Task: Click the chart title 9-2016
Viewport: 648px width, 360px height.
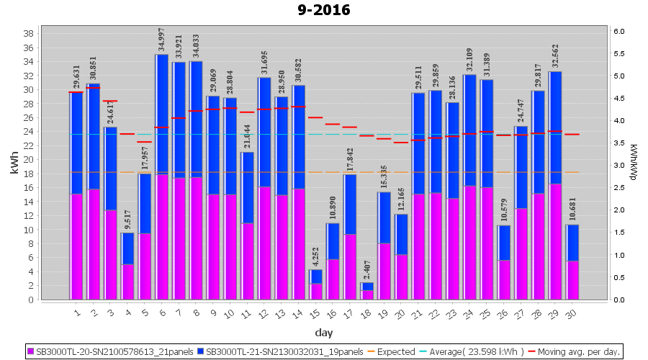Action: click(x=324, y=10)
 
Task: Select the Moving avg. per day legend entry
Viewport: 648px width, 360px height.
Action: click(x=581, y=352)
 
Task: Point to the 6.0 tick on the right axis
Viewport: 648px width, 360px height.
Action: click(x=619, y=31)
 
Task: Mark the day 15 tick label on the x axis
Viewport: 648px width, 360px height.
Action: click(x=313, y=313)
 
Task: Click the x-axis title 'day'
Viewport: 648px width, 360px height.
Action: click(x=324, y=332)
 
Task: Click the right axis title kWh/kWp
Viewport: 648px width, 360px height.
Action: click(x=633, y=165)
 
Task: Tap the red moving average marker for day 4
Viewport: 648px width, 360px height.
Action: click(x=127, y=134)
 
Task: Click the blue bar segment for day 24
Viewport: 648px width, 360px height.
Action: click(x=469, y=130)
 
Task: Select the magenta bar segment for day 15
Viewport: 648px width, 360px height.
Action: click(x=315, y=292)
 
